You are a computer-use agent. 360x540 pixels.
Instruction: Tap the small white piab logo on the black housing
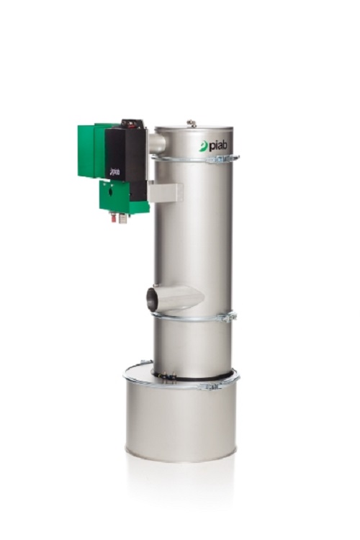pos(114,172)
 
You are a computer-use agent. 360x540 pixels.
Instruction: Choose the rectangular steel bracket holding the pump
pos(166,192)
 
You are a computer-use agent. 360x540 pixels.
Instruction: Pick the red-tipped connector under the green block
pos(114,216)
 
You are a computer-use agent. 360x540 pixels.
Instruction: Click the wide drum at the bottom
pos(181,425)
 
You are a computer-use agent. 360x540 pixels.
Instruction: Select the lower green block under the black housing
pos(122,196)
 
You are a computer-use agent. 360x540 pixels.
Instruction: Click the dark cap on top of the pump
pos(130,124)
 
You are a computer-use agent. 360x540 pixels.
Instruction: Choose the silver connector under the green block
pos(123,217)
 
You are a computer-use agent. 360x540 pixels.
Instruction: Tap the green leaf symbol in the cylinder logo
pos(204,146)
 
